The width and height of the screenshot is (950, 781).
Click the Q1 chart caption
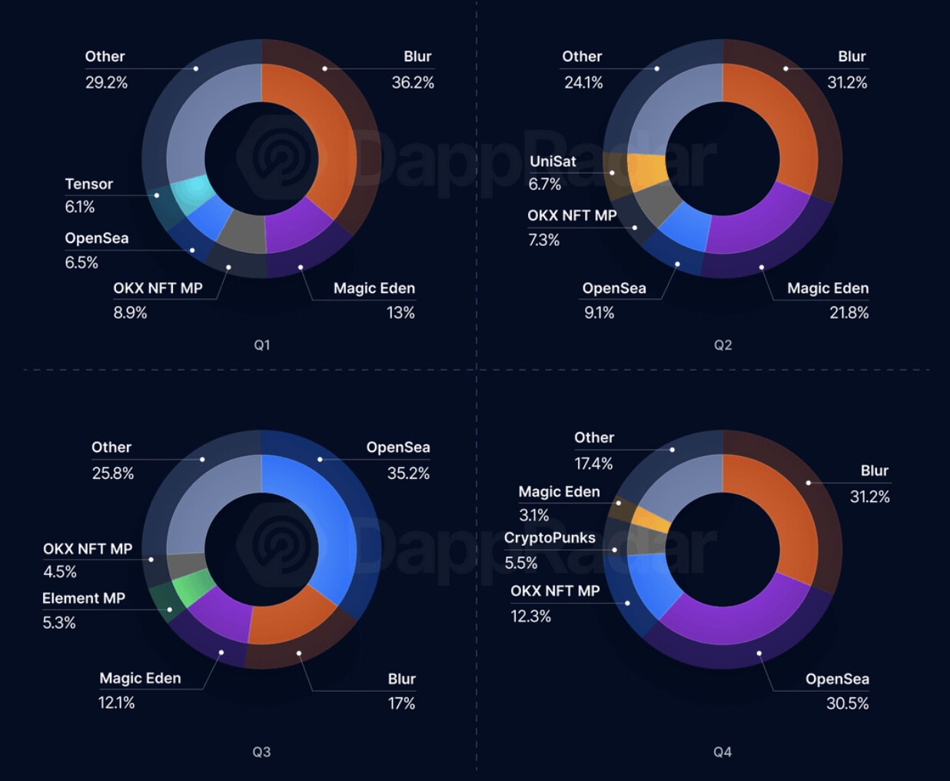click(x=262, y=345)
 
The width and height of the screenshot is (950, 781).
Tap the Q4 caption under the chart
click(x=722, y=752)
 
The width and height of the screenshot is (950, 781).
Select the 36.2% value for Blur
click(x=413, y=82)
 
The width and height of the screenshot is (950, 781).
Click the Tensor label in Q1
click(x=88, y=184)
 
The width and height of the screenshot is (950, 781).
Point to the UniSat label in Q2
click(x=553, y=161)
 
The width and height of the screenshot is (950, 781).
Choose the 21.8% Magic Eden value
click(x=849, y=313)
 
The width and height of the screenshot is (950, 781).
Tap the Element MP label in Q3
click(x=84, y=598)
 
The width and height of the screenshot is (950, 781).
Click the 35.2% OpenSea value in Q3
click(x=408, y=474)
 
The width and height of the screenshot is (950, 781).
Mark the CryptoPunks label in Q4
click(x=550, y=538)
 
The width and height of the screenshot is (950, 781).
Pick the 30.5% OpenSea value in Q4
click(x=847, y=703)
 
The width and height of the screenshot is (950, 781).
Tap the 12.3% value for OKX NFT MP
click(x=530, y=616)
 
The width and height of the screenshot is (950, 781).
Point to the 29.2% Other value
click(x=106, y=82)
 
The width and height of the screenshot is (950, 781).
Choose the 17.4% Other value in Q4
click(x=593, y=464)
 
